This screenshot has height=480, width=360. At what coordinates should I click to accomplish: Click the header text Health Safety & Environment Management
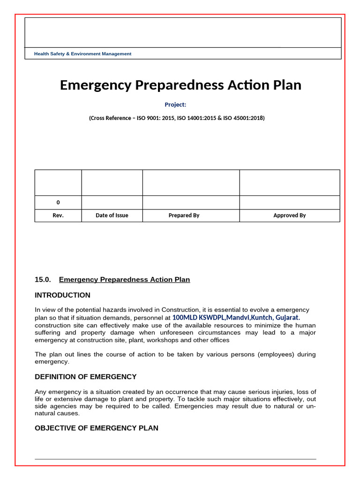[82, 54]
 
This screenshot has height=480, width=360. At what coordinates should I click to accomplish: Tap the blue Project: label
[175, 105]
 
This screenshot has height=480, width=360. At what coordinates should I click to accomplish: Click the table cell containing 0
[58, 202]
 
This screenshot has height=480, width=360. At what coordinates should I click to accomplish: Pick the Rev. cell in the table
[58, 216]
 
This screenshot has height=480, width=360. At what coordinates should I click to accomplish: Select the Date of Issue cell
[112, 216]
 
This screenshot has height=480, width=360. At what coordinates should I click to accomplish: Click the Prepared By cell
[184, 216]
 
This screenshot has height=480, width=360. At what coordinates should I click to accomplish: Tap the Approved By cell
[289, 216]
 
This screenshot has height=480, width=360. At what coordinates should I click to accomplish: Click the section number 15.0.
[42, 280]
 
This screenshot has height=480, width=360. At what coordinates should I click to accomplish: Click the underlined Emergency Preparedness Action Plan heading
[124, 280]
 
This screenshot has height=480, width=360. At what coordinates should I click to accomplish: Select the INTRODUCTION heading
[62, 295]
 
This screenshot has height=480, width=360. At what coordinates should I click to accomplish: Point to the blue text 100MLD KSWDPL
[199, 317]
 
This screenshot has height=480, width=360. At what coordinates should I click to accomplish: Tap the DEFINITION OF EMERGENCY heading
[85, 377]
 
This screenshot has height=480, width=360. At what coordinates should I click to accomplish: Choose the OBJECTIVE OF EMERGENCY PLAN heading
[96, 428]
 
